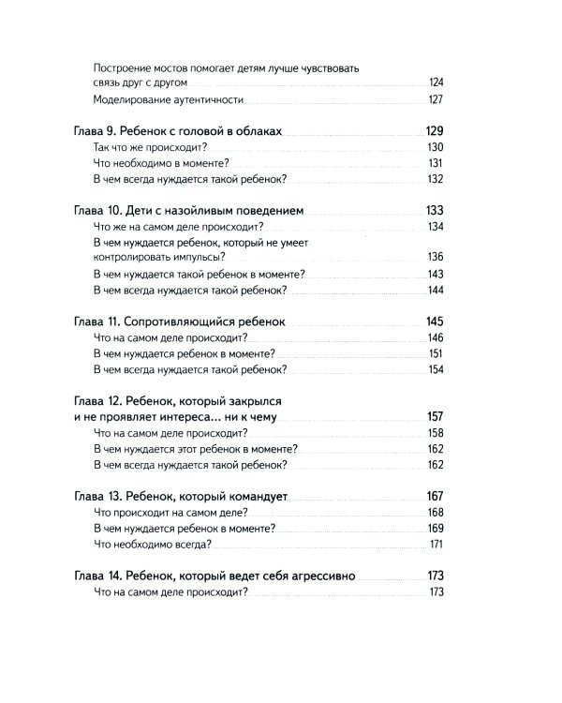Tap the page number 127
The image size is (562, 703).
[x=435, y=100]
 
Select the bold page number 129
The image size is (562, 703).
[x=433, y=131]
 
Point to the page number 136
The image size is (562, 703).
[x=435, y=257]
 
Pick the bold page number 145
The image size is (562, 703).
[x=433, y=321]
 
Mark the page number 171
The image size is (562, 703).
[x=436, y=545]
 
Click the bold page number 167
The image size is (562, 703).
[x=433, y=496]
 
